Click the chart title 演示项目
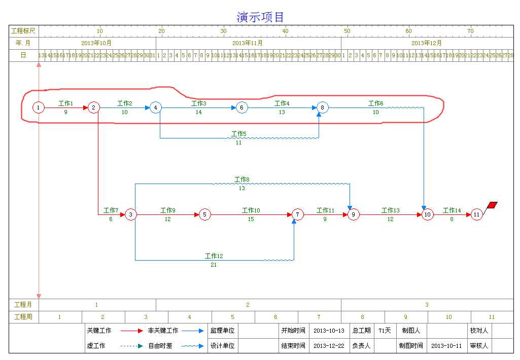click(x=260, y=17)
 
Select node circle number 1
click(x=38, y=107)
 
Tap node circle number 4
click(x=156, y=107)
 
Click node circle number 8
click(x=323, y=107)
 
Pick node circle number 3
click(x=130, y=214)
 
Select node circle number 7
click(x=298, y=214)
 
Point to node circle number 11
click(x=476, y=214)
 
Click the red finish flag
click(x=492, y=205)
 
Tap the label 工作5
click(x=238, y=134)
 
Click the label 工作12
click(x=214, y=257)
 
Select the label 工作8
click(x=241, y=179)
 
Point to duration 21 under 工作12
click(x=214, y=265)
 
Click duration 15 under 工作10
click(x=251, y=219)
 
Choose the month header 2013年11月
click(x=248, y=43)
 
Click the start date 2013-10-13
click(x=329, y=331)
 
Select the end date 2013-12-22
click(x=329, y=346)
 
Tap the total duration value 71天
click(x=385, y=331)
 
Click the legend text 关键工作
click(x=99, y=331)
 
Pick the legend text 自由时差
click(x=160, y=346)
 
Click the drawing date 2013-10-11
click(x=446, y=346)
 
